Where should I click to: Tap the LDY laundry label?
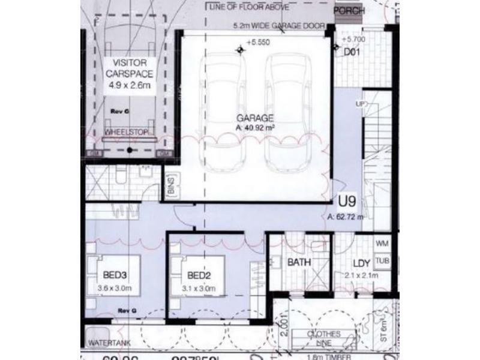(x=362, y=263)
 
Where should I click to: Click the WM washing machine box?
(x=382, y=244)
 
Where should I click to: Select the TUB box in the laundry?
(x=382, y=262)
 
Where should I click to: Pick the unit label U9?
(x=347, y=200)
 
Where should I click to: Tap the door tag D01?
(x=351, y=52)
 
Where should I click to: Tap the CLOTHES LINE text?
(x=323, y=338)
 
